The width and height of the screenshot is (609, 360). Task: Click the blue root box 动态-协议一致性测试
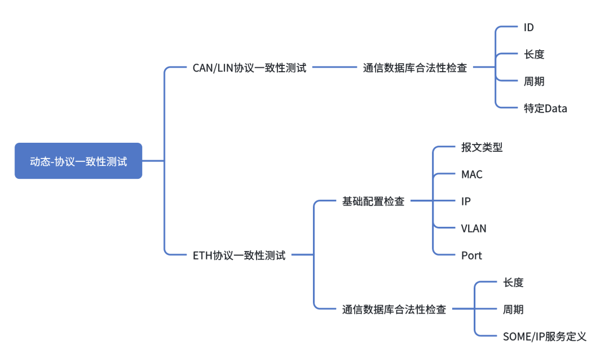(x=78, y=161)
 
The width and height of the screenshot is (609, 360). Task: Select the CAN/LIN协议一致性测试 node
(x=249, y=68)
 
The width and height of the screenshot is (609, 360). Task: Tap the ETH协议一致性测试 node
(x=239, y=255)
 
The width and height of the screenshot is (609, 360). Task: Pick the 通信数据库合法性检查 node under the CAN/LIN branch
(x=415, y=68)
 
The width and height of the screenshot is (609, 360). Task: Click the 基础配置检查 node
(x=373, y=201)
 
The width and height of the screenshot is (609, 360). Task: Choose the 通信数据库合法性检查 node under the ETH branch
(x=394, y=309)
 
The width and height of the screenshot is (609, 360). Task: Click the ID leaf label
(x=529, y=27)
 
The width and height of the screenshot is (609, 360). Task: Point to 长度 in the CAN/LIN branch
(x=534, y=54)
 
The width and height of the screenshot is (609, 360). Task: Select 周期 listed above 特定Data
(x=534, y=81)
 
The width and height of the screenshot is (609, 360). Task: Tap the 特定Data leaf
(x=545, y=108)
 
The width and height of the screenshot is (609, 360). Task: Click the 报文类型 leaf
(x=482, y=147)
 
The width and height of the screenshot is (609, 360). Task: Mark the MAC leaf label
(x=472, y=174)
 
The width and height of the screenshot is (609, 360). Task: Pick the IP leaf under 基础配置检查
(x=466, y=201)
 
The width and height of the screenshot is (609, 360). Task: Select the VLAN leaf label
(x=474, y=229)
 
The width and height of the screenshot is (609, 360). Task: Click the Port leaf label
(x=471, y=256)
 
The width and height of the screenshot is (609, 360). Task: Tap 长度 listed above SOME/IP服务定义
(x=513, y=282)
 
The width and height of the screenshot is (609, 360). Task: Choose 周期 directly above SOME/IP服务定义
(x=513, y=309)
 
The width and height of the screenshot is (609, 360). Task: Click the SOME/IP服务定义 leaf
(x=545, y=336)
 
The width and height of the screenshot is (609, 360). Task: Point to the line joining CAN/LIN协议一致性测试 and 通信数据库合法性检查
(x=335, y=67)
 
